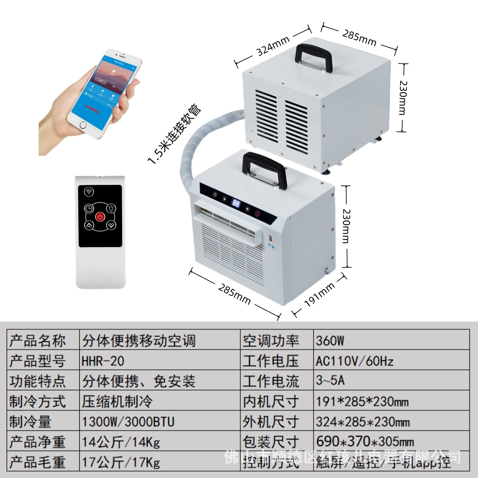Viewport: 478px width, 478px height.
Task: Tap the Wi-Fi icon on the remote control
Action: [89, 192]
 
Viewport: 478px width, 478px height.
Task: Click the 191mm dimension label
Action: [319, 295]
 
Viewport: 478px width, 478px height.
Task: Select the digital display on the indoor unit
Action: [236, 203]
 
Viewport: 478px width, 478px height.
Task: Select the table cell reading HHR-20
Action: [103, 361]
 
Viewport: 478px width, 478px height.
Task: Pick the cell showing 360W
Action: [330, 341]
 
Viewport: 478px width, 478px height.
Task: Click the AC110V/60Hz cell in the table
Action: [354, 361]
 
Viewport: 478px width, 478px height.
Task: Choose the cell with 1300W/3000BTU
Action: [128, 422]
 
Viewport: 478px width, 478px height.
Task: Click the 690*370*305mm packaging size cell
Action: [365, 442]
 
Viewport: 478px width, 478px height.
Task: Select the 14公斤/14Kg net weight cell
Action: [121, 442]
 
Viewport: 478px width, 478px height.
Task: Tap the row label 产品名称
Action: [38, 341]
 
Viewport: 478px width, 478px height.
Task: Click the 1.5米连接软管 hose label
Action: [175, 135]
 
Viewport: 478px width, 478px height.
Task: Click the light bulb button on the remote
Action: [111, 208]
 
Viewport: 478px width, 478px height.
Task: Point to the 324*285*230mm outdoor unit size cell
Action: [363, 422]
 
